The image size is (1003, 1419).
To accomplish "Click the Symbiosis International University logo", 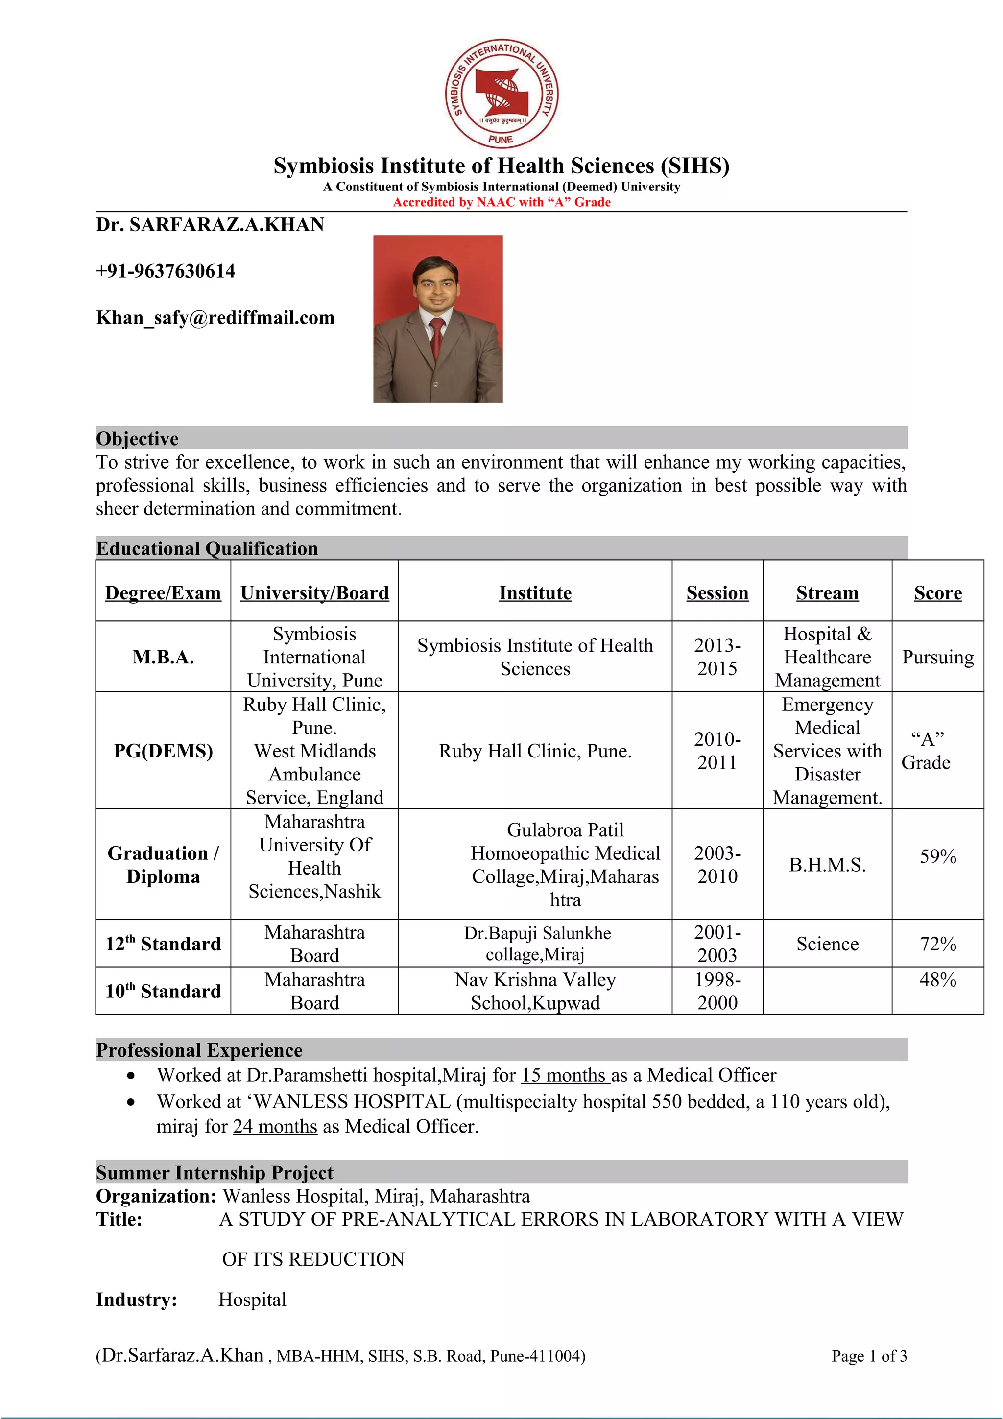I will point(501,94).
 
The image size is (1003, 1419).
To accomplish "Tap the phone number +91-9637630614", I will point(165,271).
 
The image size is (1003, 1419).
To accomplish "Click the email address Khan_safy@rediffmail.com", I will point(215,318).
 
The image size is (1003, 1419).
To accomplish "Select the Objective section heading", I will point(137,438).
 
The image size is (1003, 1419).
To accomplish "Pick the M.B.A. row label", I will point(163,657).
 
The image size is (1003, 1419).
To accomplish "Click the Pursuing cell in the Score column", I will point(937,657).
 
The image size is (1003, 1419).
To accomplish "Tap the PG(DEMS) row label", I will point(163,751).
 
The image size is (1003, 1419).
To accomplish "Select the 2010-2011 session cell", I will point(717,751).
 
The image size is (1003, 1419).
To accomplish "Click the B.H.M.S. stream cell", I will point(827,865).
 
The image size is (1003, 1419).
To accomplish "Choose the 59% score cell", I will point(937,856).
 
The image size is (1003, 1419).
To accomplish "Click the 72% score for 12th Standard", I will point(937,944).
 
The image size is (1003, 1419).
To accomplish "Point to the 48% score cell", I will point(937,980).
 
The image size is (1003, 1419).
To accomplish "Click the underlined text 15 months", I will point(564,1075).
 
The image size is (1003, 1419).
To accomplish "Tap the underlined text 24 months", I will point(275,1126).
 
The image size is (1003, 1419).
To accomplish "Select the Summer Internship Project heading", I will point(215,1172).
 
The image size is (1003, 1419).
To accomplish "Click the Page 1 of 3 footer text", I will point(869,1356).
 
